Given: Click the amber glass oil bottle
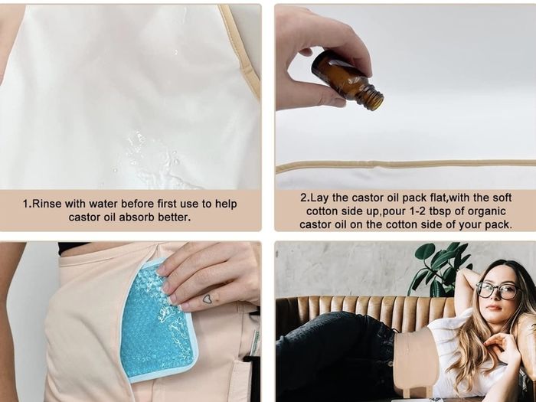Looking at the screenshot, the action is point(347,80).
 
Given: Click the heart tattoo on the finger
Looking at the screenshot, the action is point(208,299).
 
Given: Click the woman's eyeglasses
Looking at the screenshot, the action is point(498,290).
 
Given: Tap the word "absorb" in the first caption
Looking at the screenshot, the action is point(141,217).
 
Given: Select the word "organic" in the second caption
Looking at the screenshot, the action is point(486,211).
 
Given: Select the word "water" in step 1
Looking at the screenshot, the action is point(103,204).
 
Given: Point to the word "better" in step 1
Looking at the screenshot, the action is point(178,217).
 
